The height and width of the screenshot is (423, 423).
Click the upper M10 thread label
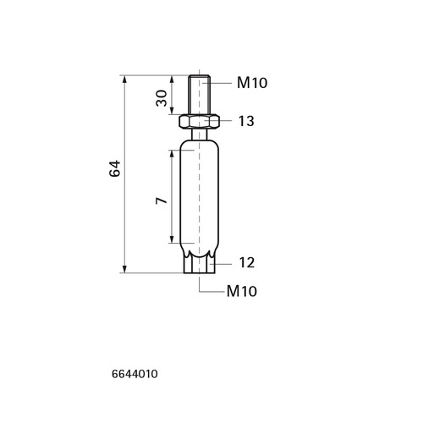[x=252, y=83]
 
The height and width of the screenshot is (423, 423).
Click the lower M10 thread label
[x=242, y=291]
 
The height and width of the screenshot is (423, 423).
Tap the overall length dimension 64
[x=115, y=168]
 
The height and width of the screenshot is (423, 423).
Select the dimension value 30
[x=162, y=98]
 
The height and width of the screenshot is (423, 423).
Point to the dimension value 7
[x=162, y=201]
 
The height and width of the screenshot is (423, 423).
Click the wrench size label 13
[x=246, y=121]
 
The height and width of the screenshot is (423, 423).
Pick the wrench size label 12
[x=247, y=262]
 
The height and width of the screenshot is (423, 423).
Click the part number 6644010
[x=135, y=374]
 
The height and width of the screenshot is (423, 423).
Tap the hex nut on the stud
[x=200, y=121]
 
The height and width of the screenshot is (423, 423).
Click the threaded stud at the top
[x=200, y=95]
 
